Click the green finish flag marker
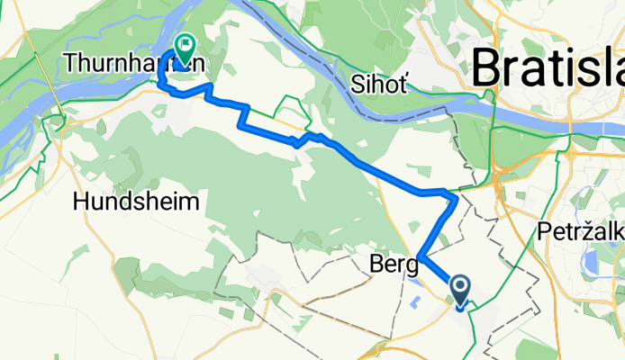tap(186, 49)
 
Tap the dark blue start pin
tap(459, 290)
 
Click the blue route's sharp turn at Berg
tap(420, 258)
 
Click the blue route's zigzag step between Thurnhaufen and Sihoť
tap(243, 113)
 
